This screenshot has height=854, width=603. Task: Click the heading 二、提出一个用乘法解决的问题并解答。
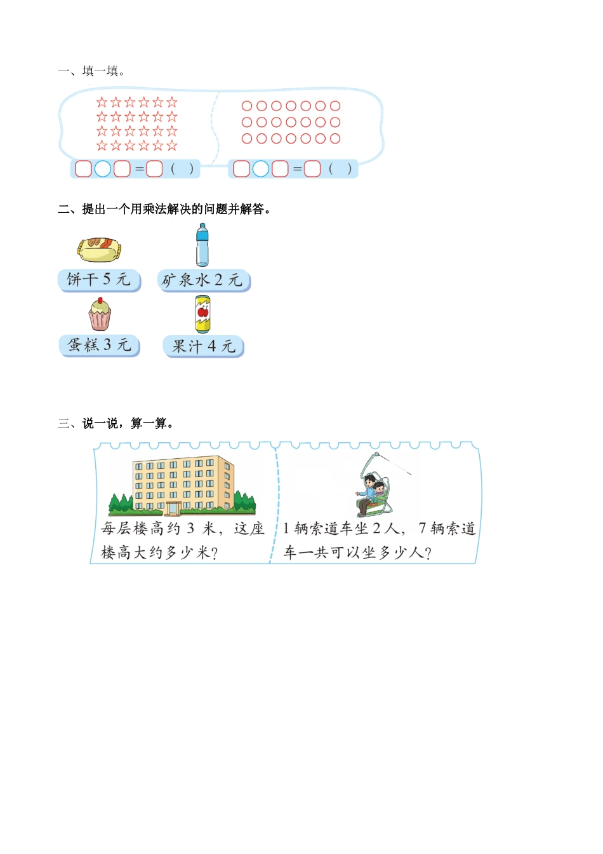164,209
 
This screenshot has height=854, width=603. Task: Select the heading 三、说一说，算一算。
116,423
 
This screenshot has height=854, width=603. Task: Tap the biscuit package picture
99,250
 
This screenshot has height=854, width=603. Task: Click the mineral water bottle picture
202,245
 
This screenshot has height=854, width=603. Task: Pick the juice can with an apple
202,314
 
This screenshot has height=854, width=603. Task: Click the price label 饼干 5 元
99,280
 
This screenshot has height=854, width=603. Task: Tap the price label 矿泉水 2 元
203,280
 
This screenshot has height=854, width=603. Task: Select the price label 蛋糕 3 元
99,345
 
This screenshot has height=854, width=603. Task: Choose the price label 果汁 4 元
203,346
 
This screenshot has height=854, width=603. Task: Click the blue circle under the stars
103,169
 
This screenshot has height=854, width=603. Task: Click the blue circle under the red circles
261,169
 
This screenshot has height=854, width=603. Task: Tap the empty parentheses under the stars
182,169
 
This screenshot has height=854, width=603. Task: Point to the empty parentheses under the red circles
340,169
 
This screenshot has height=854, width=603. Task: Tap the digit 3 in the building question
190,529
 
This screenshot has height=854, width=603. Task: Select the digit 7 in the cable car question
422,529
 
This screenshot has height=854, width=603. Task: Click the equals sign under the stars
139,169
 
